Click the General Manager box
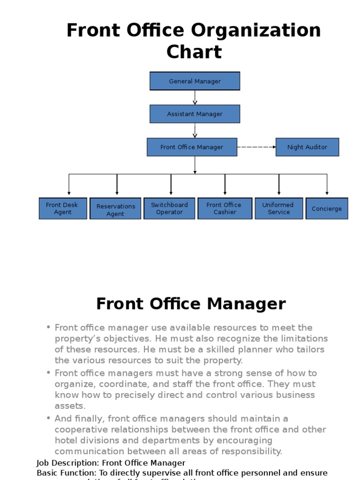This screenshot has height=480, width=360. pos(195,81)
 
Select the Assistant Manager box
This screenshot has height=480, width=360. pos(195,114)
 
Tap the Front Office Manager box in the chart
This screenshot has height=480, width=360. pos(192,147)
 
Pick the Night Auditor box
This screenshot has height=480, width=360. pos(307,147)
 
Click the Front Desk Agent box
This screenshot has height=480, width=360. pos(62,209)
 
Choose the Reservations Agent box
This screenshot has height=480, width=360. pos(115,210)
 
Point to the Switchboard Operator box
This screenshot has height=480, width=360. pos(169,209)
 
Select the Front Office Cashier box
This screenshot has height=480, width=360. pos(225,209)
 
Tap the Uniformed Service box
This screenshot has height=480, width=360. pos(278,209)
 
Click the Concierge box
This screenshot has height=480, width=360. pos(327,209)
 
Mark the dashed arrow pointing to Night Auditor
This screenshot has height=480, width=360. pos(256,147)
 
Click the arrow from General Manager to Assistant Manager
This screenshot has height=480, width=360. pos(195,97)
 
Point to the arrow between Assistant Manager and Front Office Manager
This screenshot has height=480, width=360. pos(195,131)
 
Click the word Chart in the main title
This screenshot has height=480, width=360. pos(194,52)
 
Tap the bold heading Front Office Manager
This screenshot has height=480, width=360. pos(191,304)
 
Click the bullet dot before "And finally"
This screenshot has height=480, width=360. pos(48,419)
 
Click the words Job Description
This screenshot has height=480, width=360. pos(67,463)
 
